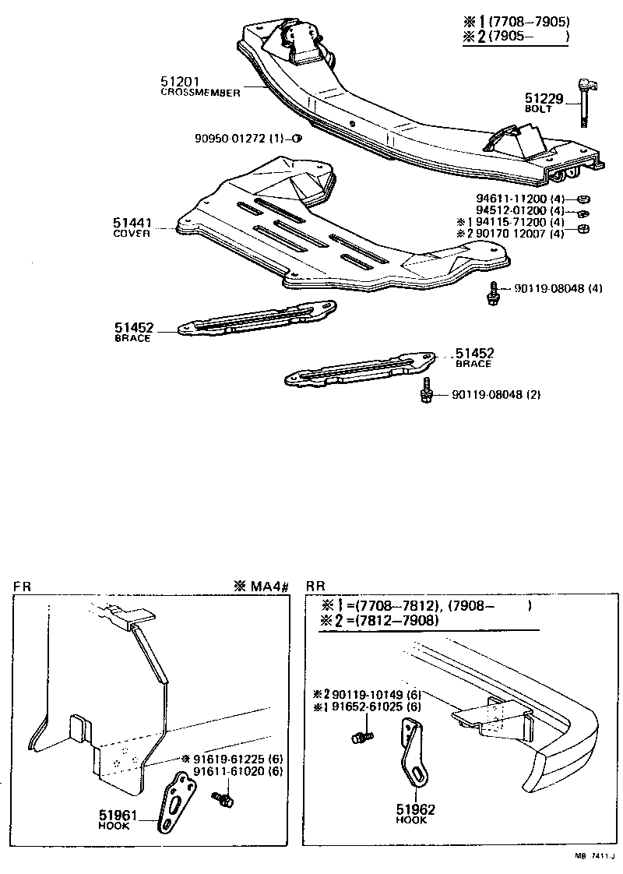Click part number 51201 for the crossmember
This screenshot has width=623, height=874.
pyautogui.click(x=181, y=80)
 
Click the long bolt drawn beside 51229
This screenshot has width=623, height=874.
pyautogui.click(x=584, y=101)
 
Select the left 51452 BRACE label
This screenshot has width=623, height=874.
pyautogui.click(x=132, y=333)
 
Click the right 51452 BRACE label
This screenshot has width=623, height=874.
pyautogui.click(x=474, y=358)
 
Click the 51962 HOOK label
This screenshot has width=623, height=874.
pyautogui.click(x=416, y=813)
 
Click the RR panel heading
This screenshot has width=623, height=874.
pyautogui.click(x=315, y=586)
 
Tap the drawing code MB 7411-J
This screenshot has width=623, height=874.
pyautogui.click(x=593, y=856)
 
